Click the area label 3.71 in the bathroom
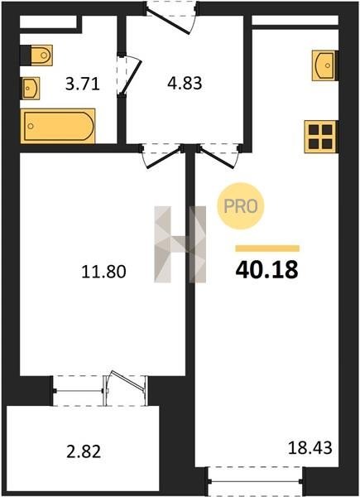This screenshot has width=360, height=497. (x=82, y=84)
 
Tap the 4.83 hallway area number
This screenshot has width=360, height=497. (x=185, y=84)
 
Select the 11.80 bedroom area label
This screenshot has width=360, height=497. (x=103, y=272)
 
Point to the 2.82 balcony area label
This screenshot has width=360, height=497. (x=84, y=451)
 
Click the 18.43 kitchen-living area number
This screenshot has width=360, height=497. (x=310, y=448)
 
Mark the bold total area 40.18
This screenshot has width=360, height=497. (x=266, y=270)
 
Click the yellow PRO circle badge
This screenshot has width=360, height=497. (x=241, y=206)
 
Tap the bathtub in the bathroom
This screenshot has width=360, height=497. (x=58, y=126)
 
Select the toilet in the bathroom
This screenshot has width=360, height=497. (x=36, y=55)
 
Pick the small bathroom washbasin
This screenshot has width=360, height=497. (x=31, y=88)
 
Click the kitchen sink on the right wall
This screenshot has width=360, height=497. (x=325, y=65)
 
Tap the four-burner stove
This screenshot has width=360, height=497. (x=320, y=137)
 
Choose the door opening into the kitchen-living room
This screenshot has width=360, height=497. (x=218, y=157)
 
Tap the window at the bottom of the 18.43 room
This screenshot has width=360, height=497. (x=255, y=481)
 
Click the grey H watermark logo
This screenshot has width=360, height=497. (x=180, y=244)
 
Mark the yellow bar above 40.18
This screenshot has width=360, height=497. (x=267, y=248)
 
